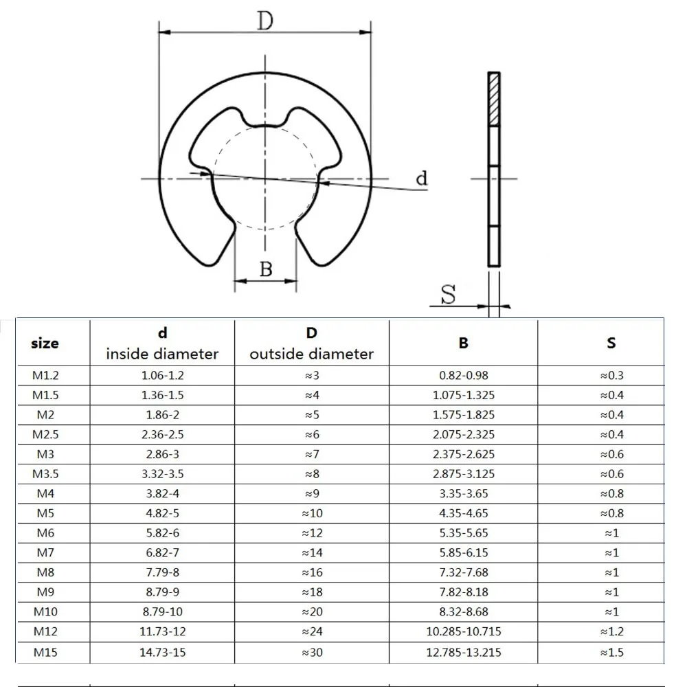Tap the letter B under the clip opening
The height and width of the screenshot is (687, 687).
click(x=266, y=269)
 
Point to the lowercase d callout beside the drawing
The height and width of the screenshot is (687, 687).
click(x=422, y=179)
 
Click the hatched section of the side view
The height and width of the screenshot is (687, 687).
click(x=493, y=100)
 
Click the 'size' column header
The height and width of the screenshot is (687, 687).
click(x=45, y=343)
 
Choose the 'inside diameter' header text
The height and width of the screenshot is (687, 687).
click(x=162, y=354)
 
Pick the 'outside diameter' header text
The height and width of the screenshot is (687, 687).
click(x=311, y=354)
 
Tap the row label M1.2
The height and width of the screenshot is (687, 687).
click(x=45, y=376)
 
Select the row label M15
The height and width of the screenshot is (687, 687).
click(x=45, y=652)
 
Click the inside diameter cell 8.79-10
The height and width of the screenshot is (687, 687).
click(x=162, y=612)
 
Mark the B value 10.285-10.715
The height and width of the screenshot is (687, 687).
click(x=463, y=632)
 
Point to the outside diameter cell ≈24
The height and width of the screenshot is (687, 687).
click(x=311, y=632)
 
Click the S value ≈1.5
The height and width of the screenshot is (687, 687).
click(x=611, y=652)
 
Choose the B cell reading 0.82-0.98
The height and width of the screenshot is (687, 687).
click(x=463, y=376)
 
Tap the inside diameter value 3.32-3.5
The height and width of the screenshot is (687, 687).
click(x=162, y=474)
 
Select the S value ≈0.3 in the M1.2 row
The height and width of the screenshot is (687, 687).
click(x=611, y=376)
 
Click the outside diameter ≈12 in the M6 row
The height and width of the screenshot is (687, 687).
click(x=311, y=533)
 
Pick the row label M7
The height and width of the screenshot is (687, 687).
click(x=45, y=553)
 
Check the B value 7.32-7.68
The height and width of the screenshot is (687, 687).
click(x=463, y=573)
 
